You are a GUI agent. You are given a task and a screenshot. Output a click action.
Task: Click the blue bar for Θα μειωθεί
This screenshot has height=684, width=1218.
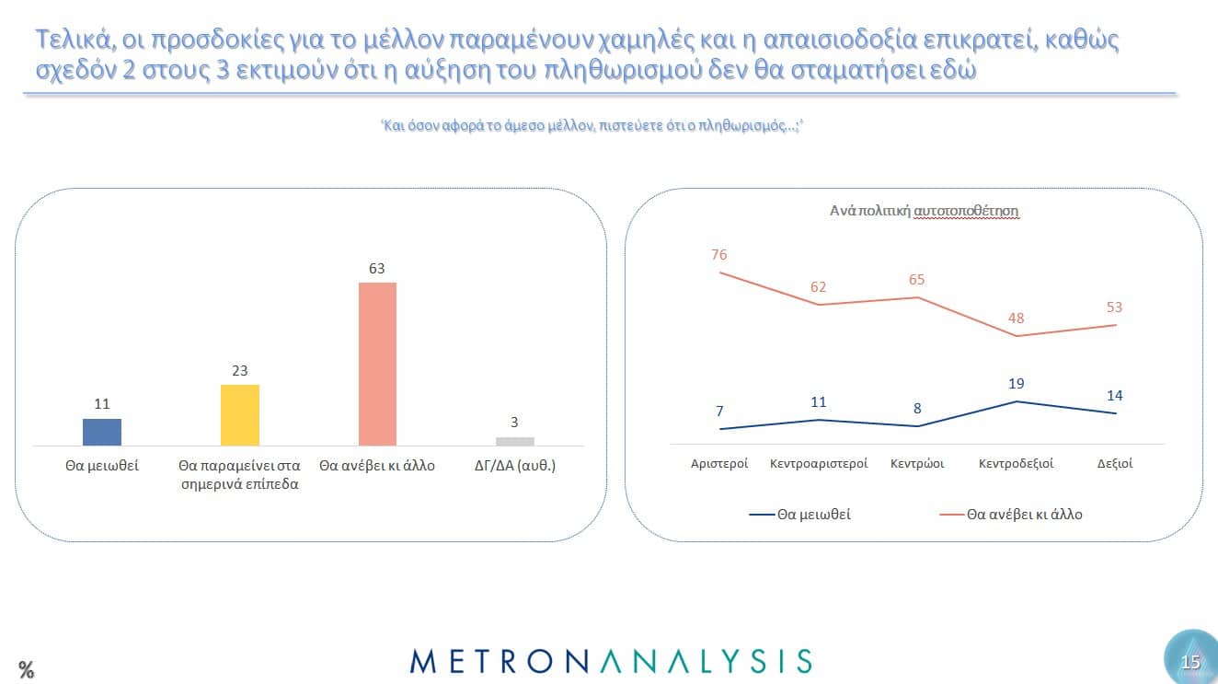pyautogui.click(x=102, y=432)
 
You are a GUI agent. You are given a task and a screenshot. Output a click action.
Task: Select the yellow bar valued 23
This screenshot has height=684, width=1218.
pyautogui.click(x=240, y=414)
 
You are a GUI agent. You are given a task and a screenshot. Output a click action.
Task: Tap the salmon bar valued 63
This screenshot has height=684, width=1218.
pyautogui.click(x=377, y=364)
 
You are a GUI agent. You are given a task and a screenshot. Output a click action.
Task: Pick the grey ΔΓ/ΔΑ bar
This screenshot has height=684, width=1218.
pyautogui.click(x=514, y=441)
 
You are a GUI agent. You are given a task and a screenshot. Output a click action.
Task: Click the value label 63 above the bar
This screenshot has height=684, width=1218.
pyautogui.click(x=377, y=268)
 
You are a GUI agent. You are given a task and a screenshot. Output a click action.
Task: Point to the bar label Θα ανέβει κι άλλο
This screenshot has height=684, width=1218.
pyautogui.click(x=377, y=466)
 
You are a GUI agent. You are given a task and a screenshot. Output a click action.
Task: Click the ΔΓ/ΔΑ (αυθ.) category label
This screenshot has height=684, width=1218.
pyautogui.click(x=514, y=466)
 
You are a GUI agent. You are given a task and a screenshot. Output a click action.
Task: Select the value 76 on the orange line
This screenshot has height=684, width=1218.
pyautogui.click(x=719, y=255)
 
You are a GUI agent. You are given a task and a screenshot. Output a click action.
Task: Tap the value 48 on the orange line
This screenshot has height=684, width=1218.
pyautogui.click(x=1016, y=319)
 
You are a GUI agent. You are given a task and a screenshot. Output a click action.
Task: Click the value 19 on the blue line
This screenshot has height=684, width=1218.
pyautogui.click(x=1016, y=383)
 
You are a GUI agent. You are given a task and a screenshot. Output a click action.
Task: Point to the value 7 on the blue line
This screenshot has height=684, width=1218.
pyautogui.click(x=719, y=411)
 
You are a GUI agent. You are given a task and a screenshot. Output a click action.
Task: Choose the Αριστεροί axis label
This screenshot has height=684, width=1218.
pyautogui.click(x=719, y=464)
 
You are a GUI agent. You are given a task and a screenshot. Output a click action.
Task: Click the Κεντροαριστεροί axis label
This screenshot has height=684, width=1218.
pyautogui.click(x=819, y=464)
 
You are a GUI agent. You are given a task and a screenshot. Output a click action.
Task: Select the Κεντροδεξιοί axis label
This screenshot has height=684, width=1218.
pyautogui.click(x=1016, y=464)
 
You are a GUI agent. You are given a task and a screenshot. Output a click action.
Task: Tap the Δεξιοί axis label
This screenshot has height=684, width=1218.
pyautogui.click(x=1115, y=464)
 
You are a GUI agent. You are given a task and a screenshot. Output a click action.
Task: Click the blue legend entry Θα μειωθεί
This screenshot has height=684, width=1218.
pyautogui.click(x=800, y=515)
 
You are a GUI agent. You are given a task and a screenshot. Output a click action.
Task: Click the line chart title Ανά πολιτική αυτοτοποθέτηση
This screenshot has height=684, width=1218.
pyautogui.click(x=925, y=211)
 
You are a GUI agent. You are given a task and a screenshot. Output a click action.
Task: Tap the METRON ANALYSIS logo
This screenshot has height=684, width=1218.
pyautogui.click(x=611, y=661)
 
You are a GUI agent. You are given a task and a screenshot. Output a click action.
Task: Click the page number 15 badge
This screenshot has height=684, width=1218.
pyautogui.click(x=1190, y=662)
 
